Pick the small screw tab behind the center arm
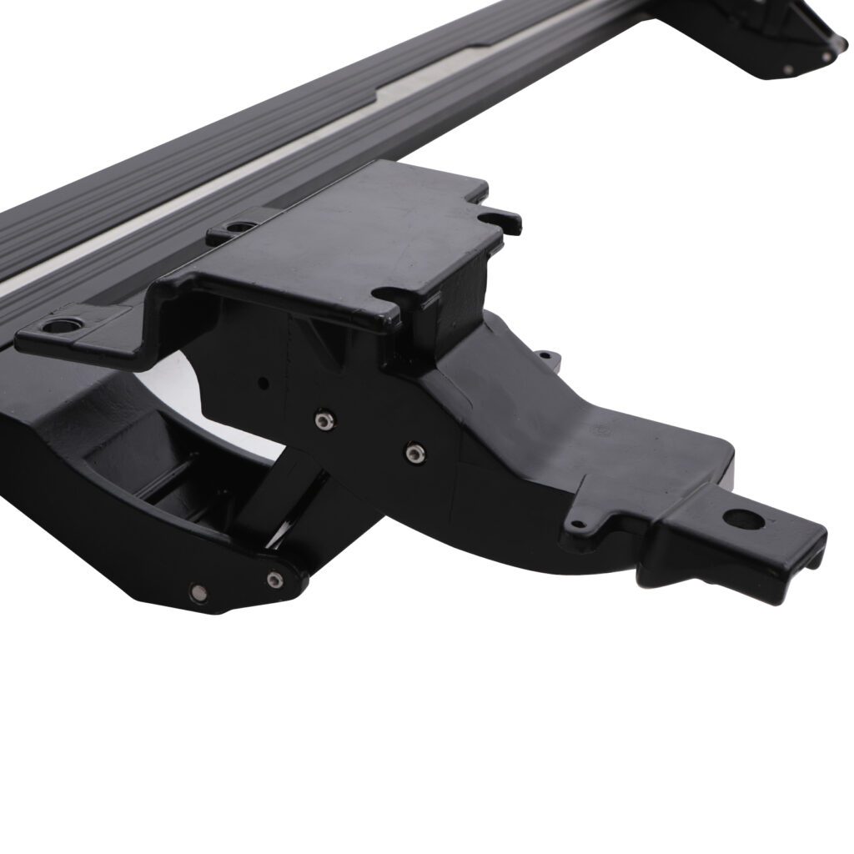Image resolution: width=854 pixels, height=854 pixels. click(x=545, y=357)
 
